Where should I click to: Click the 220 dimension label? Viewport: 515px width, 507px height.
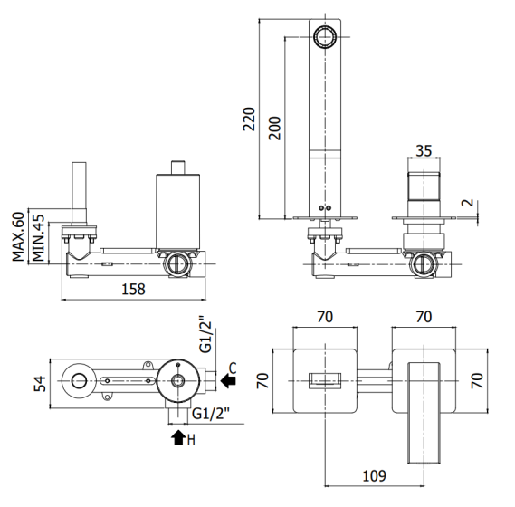249,119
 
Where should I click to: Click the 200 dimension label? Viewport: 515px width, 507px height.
274,129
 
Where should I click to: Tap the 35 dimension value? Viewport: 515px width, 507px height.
424,151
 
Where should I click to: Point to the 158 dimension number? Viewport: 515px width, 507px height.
133,290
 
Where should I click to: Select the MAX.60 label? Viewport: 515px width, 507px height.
18,236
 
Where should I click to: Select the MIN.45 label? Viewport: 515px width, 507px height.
38,238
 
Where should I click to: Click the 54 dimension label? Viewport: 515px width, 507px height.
40,384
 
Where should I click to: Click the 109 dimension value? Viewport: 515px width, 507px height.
374,476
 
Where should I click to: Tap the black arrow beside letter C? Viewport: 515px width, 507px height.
228,381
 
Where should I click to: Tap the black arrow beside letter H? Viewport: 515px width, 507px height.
178,438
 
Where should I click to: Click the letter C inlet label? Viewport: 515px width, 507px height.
233,368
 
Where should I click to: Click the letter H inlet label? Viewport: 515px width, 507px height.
191,440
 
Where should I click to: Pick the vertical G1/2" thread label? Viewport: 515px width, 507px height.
206,335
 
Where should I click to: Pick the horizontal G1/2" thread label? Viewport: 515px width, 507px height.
211,414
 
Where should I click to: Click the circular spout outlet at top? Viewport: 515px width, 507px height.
325,36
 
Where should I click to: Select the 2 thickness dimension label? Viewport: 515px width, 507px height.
468,203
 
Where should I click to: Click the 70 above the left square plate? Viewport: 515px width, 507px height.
325,318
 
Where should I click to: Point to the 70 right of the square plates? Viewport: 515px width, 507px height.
477,381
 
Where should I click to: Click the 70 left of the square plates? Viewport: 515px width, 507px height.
262,381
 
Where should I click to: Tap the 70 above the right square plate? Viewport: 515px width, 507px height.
424,318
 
